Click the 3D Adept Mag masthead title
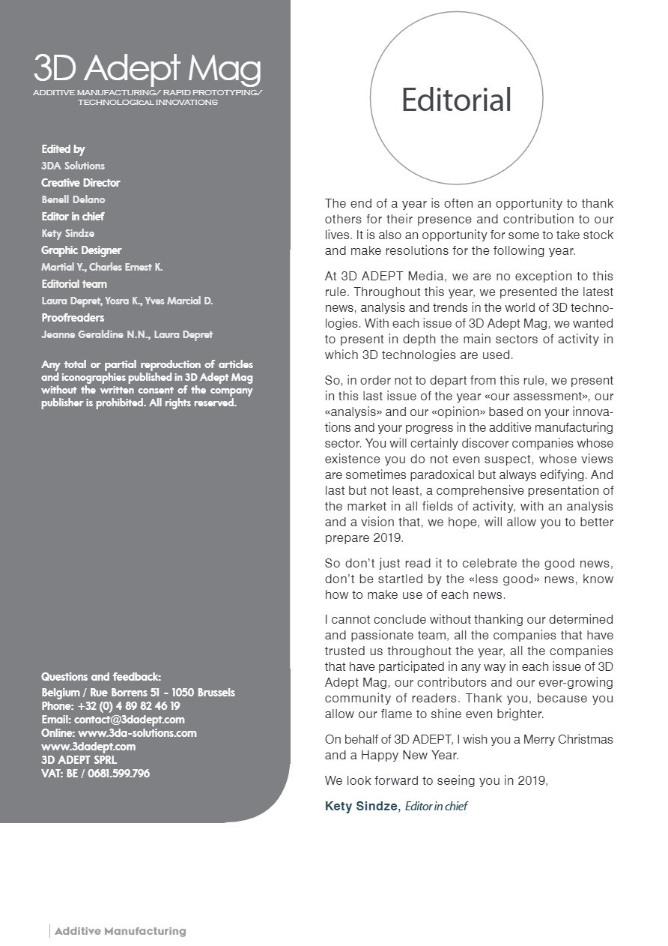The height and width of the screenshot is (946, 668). [147, 70]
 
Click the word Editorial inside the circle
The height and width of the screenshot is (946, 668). [456, 100]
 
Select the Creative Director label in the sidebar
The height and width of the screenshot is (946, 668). [80, 183]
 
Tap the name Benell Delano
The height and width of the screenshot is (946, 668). [73, 200]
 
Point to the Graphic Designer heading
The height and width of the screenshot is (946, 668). [81, 250]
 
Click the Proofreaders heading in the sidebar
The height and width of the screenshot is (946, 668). [73, 318]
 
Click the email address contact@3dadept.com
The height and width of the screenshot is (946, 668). [129, 720]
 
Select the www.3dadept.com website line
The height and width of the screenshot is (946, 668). [88, 747]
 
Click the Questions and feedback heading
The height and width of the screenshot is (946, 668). [101, 677]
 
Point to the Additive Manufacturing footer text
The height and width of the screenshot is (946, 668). [120, 931]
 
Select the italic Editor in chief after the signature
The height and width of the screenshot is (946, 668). [437, 807]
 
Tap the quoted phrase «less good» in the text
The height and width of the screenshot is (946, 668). [459, 579]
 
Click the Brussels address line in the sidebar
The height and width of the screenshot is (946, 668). [138, 693]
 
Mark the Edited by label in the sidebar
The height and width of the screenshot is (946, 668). [63, 149]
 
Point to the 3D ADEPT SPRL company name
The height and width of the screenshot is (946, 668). [79, 760]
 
